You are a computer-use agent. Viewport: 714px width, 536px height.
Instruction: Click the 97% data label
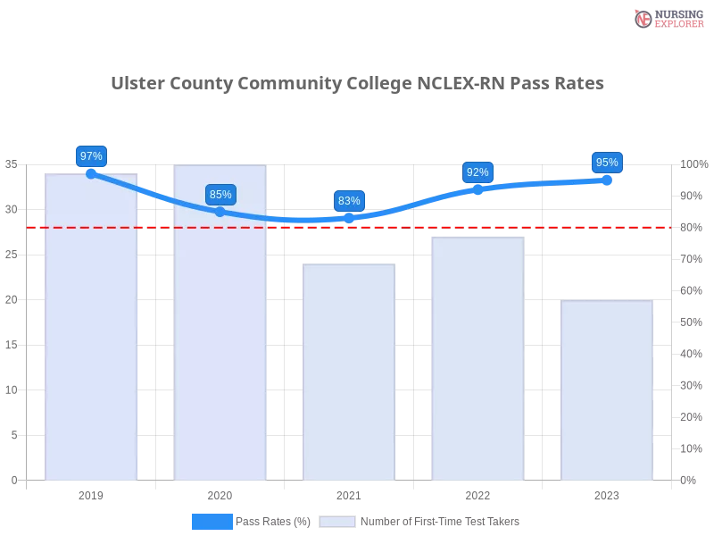tap(91, 156)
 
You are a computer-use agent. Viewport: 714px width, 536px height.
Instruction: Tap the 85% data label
tap(220, 195)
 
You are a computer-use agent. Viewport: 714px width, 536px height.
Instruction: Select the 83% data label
tap(349, 201)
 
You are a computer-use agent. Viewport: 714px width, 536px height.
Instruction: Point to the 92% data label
tap(477, 172)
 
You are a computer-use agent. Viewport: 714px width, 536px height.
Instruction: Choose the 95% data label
tap(607, 163)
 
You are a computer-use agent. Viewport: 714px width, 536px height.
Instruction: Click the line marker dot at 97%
tap(91, 173)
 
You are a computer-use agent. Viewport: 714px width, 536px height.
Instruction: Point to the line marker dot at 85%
tap(220, 212)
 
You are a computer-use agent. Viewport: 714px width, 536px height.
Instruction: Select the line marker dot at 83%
tap(349, 218)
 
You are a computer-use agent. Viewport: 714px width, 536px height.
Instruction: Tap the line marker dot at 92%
tap(477, 189)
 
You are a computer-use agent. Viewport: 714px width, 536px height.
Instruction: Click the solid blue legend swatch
tap(212, 522)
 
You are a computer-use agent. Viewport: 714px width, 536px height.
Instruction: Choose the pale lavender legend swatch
tap(337, 522)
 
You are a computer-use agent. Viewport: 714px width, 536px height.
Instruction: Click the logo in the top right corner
tap(668, 19)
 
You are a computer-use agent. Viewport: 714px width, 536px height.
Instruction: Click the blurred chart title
tap(357, 84)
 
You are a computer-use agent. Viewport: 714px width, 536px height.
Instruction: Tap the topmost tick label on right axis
tap(693, 164)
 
